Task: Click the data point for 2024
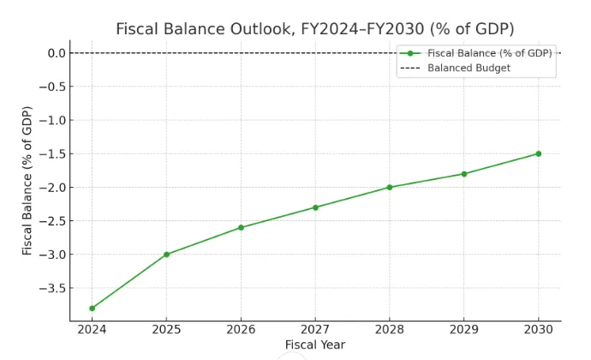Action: pyautogui.click(x=92, y=308)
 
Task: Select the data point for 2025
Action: pyautogui.click(x=166, y=255)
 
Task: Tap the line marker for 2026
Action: pyautogui.click(x=241, y=227)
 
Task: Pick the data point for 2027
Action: pyautogui.click(x=315, y=207)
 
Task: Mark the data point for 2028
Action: pyautogui.click(x=390, y=187)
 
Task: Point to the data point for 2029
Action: pyautogui.click(x=464, y=174)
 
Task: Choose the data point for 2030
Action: pyautogui.click(x=538, y=153)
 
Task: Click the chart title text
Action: pyautogui.click(x=315, y=29)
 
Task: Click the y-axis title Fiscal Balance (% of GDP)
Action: pyautogui.click(x=27, y=180)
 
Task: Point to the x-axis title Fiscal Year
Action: pyautogui.click(x=315, y=345)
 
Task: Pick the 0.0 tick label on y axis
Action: pyautogui.click(x=57, y=53)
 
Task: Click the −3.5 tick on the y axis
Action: pyautogui.click(x=53, y=288)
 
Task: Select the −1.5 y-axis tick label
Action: pyautogui.click(x=53, y=154)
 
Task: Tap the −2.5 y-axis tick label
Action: pyautogui.click(x=53, y=221)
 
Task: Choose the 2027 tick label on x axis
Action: pyautogui.click(x=315, y=329)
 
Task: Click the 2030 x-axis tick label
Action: pyautogui.click(x=538, y=329)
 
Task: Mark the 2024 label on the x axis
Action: pyautogui.click(x=92, y=329)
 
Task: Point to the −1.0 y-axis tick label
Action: pyautogui.click(x=53, y=120)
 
